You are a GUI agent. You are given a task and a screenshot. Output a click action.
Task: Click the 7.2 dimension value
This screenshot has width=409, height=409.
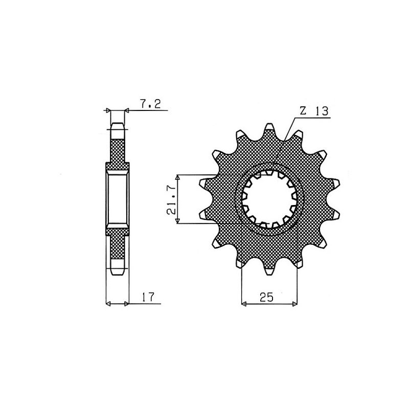150,104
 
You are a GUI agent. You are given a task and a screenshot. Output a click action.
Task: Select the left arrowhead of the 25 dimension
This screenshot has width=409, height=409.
244,304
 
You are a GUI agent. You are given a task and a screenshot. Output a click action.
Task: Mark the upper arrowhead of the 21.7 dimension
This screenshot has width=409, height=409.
177,177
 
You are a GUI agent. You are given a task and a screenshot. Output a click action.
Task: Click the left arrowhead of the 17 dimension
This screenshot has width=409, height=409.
108,304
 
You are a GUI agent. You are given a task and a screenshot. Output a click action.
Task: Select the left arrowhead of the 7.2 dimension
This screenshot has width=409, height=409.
107,110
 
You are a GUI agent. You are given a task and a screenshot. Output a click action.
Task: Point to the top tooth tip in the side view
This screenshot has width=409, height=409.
117,125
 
